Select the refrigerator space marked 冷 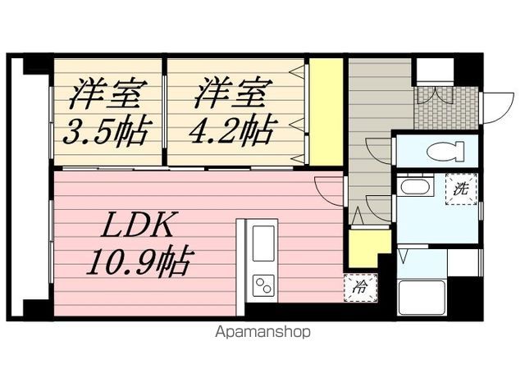(358, 287)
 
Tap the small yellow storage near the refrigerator (367, 246)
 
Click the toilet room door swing (380, 152)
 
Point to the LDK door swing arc (328, 191)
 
